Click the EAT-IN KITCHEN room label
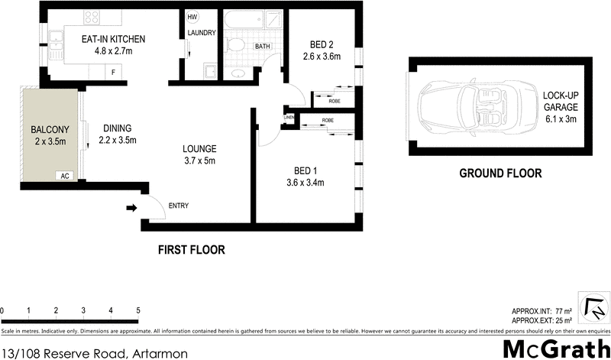114,39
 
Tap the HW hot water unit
191,17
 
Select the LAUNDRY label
202,33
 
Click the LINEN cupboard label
289,117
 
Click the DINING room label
117,128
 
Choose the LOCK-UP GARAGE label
561,106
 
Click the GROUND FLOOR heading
500,174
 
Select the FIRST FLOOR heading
192,249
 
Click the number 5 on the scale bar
138,310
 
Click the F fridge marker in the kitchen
114,72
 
